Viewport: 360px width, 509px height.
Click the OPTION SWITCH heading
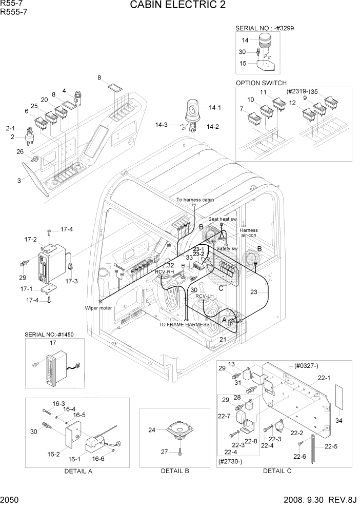coord(261,83)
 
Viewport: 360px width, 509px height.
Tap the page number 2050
coord(10,500)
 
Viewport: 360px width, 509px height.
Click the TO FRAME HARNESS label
coord(184,325)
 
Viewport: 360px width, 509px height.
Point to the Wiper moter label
coord(98,308)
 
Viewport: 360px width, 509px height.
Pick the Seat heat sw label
coord(222,219)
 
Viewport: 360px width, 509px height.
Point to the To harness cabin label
coord(195,200)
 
